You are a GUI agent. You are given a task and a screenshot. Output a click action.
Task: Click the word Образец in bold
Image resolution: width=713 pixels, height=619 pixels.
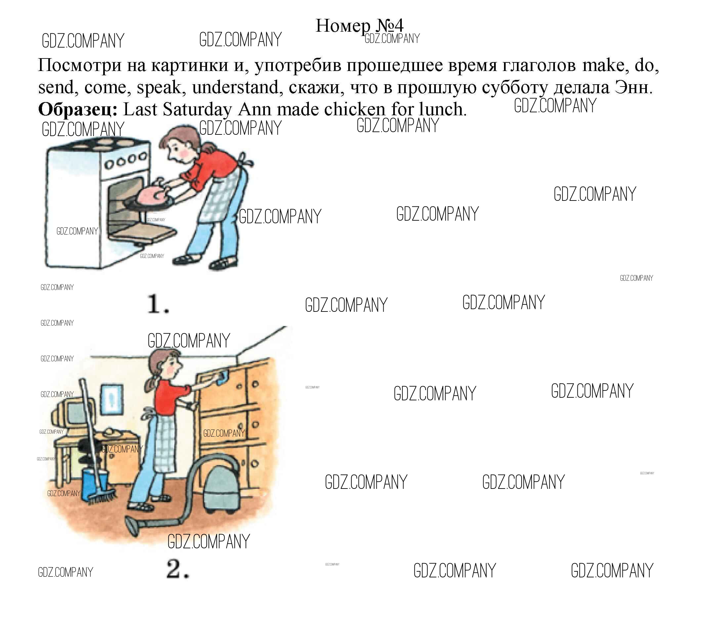tap(77, 110)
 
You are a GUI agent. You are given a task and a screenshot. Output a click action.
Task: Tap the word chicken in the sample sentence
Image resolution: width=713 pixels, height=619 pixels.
tap(355, 110)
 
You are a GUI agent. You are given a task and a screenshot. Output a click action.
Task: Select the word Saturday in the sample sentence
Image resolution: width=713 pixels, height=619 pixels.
tap(197, 110)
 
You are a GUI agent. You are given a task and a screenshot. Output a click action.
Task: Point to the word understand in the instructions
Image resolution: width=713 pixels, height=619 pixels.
tap(235, 88)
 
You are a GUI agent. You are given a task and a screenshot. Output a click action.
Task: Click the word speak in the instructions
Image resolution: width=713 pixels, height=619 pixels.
tap(159, 88)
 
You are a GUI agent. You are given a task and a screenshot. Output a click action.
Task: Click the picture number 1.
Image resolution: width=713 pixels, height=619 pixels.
tap(158, 304)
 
